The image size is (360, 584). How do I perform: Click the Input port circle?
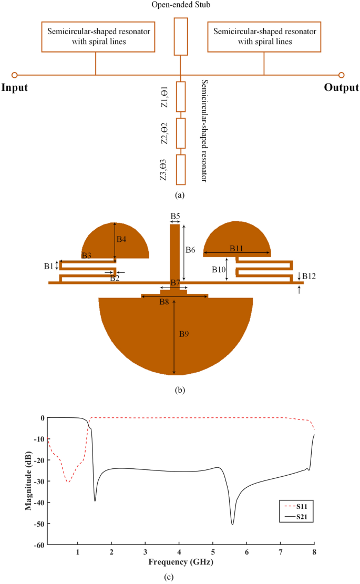pyautogui.click(x=15, y=75)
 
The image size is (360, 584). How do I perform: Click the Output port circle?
pyautogui.click(x=341, y=75)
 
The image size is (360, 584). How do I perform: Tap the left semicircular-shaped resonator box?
pyautogui.click(x=98, y=37)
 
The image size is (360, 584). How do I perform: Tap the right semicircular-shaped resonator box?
pyautogui.click(x=264, y=37)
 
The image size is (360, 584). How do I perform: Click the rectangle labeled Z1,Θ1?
pyautogui.click(x=181, y=97)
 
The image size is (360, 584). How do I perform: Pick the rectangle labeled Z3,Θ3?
pyautogui.click(x=181, y=169)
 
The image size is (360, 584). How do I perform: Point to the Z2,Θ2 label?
pyautogui.click(x=164, y=133)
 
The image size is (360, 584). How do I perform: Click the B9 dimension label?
pyautogui.click(x=183, y=334)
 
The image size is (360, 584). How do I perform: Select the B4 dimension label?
pyautogui.click(x=121, y=239)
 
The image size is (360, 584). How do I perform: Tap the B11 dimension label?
pyautogui.click(x=236, y=248)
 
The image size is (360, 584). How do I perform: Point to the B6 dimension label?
pyautogui.click(x=190, y=250)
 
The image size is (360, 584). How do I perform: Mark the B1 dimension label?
pyautogui.click(x=48, y=266)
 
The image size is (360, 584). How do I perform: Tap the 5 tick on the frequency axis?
pyautogui.click(x=213, y=552)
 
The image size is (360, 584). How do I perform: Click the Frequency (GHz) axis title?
pyautogui.click(x=180, y=561)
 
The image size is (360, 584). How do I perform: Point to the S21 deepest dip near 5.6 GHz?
pyautogui.click(x=232, y=524)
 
